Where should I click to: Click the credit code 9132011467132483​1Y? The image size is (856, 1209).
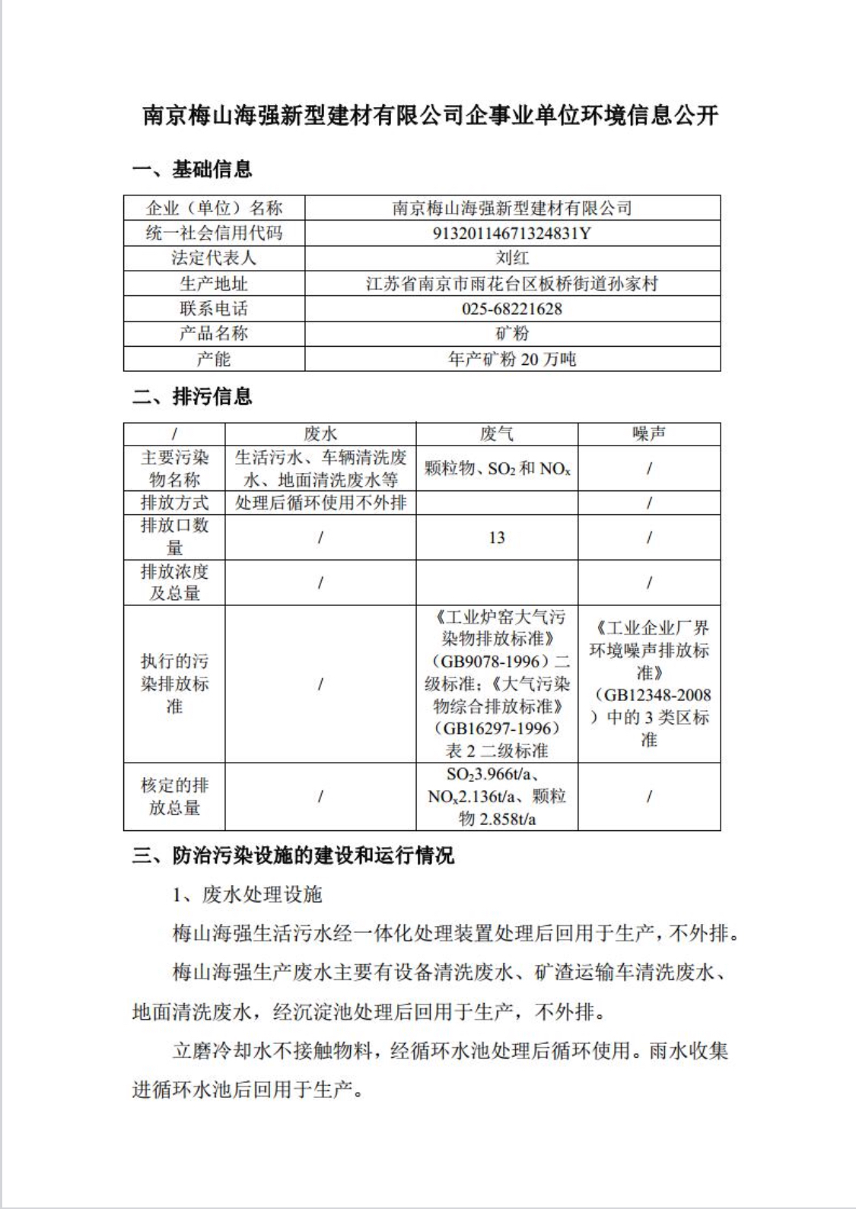(511, 233)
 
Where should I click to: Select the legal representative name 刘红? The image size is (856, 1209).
(511, 258)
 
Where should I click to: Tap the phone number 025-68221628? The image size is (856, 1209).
(511, 309)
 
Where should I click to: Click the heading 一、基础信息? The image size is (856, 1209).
(192, 170)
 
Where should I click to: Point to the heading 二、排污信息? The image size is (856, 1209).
(192, 396)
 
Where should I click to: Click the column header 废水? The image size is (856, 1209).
(320, 434)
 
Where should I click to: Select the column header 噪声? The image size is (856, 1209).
(648, 434)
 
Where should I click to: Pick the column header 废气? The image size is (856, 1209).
(496, 434)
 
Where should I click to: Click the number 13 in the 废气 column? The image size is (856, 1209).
(496, 538)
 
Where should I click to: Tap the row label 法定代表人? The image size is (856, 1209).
(214, 258)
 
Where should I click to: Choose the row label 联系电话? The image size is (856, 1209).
(214, 309)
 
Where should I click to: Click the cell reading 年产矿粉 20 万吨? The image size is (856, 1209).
(511, 359)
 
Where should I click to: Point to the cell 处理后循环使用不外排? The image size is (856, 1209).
(320, 503)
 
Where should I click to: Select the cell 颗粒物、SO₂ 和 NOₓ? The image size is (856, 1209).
(496, 468)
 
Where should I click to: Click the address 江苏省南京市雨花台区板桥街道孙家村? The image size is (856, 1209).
(511, 284)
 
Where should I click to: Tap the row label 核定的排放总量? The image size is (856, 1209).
(174, 796)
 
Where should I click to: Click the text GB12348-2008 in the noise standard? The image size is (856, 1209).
(653, 695)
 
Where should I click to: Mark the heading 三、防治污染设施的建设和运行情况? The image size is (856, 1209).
(293, 856)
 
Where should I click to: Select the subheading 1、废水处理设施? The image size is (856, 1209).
(247, 895)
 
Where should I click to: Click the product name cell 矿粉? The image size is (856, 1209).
(511, 334)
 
